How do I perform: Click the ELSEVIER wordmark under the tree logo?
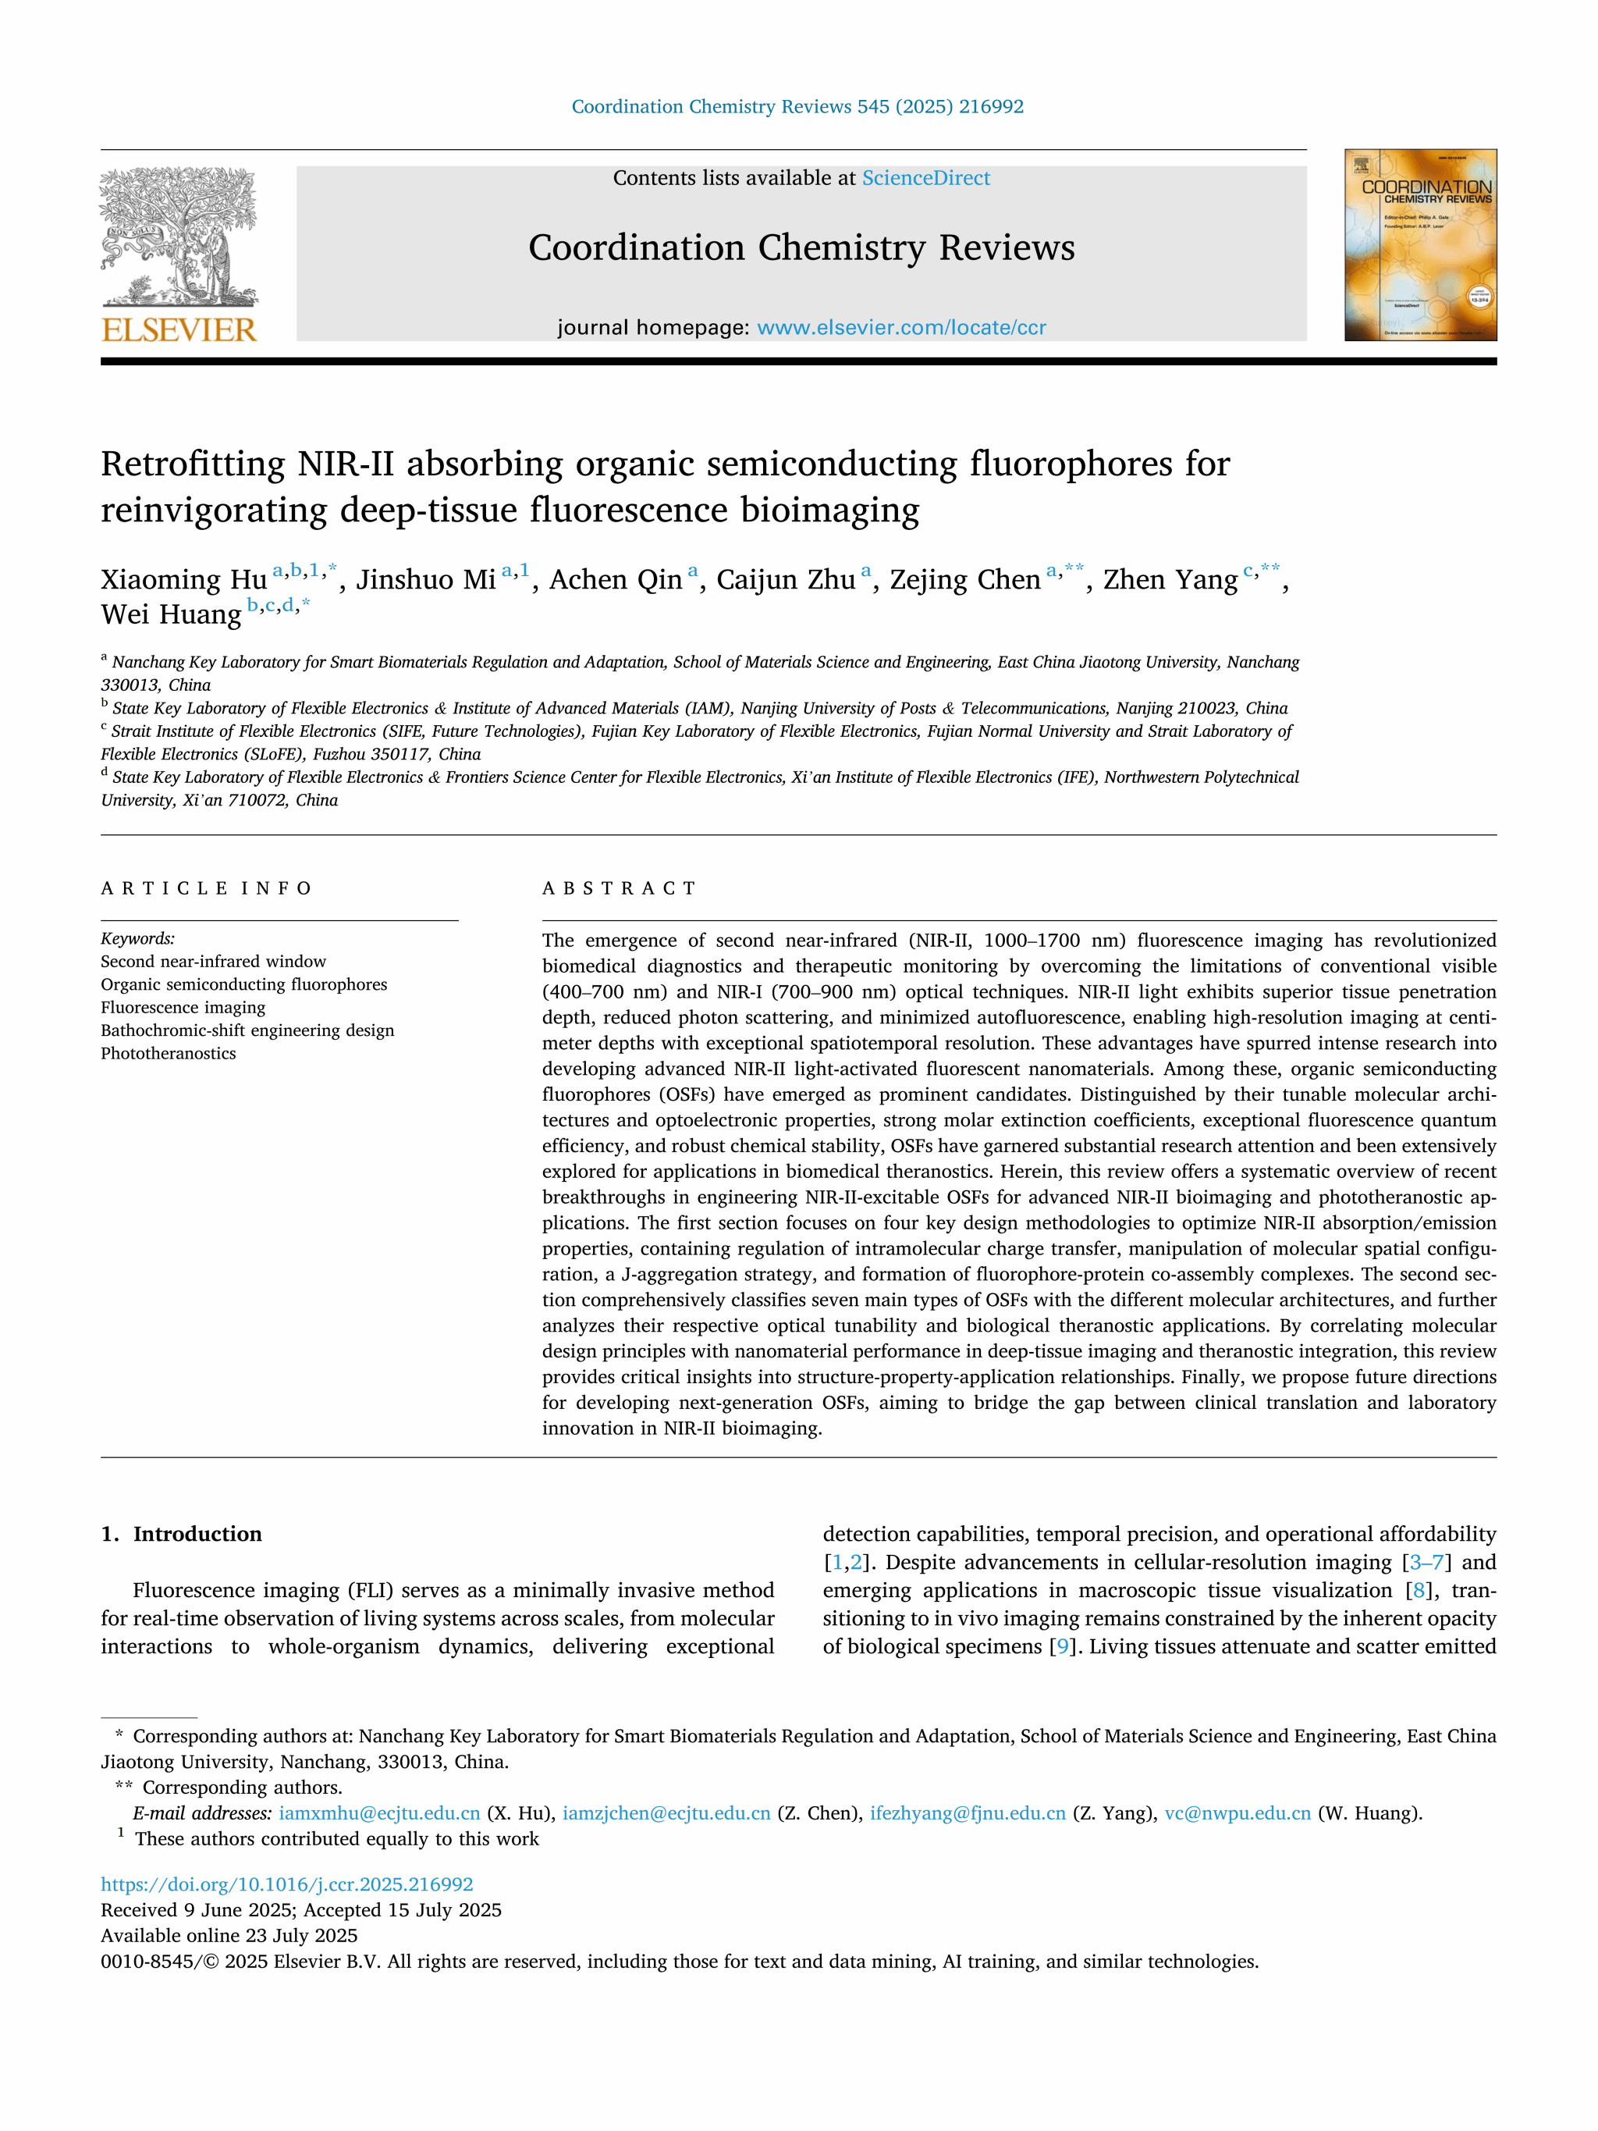(x=179, y=329)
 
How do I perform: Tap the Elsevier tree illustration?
(x=179, y=236)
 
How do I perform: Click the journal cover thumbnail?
(x=1420, y=244)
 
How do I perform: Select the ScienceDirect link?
(x=925, y=178)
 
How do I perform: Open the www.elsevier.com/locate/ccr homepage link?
(x=900, y=328)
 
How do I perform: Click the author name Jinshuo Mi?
(x=426, y=580)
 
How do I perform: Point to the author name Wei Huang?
(x=171, y=614)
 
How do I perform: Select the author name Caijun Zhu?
(x=785, y=580)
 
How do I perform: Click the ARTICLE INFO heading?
(x=206, y=888)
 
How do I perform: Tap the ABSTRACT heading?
(x=619, y=888)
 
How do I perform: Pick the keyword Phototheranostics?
(x=169, y=1053)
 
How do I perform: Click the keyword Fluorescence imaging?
(x=183, y=1007)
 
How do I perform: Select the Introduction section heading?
(x=197, y=1534)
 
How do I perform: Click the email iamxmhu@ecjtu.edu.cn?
(x=378, y=1813)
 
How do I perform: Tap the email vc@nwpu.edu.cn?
(x=1237, y=1813)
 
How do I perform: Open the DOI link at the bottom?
(x=287, y=1884)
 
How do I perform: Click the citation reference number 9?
(x=1063, y=1646)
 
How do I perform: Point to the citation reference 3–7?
(x=1426, y=1563)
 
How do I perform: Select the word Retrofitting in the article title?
(x=193, y=464)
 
